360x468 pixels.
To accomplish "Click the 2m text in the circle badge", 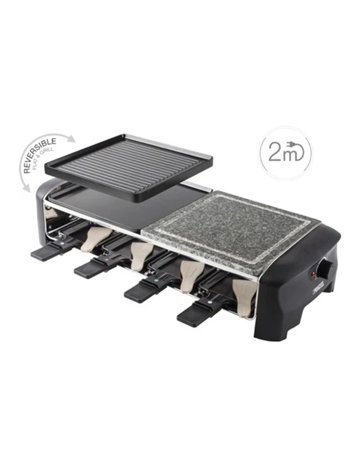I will tap(278, 153).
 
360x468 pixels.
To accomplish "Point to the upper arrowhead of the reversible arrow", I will tap(72, 139).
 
